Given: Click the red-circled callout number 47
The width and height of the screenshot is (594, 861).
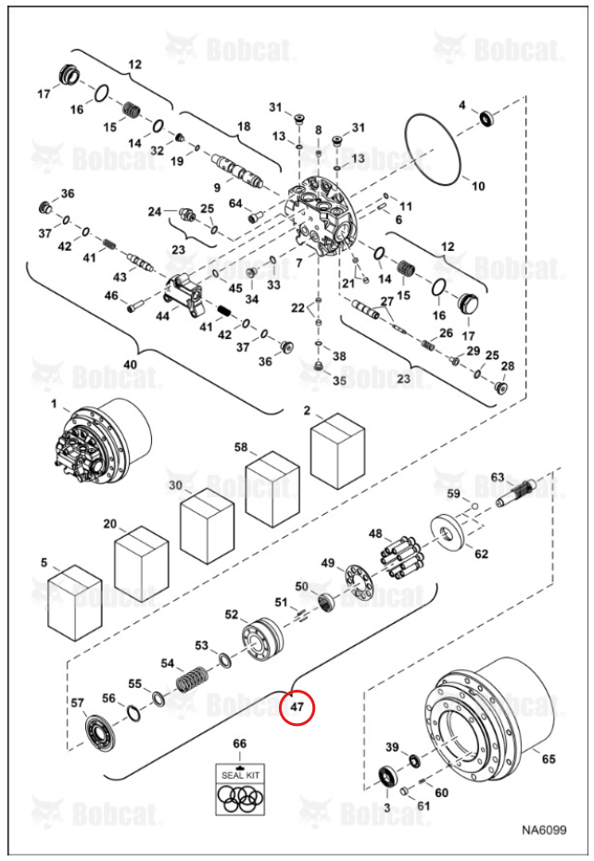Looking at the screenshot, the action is point(297,706).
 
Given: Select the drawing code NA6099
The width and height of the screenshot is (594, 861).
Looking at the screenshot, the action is point(544,830).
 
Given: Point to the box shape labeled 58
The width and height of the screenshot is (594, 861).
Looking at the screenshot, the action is point(272,489).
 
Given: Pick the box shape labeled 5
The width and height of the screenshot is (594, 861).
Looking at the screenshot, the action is point(75,603).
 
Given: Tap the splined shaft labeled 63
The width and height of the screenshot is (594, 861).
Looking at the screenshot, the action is point(518,493).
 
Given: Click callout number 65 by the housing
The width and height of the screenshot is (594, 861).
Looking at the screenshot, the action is point(549,759).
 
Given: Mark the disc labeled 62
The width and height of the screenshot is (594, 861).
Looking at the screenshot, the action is point(449,533).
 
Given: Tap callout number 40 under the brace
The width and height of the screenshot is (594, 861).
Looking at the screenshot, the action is point(131,365).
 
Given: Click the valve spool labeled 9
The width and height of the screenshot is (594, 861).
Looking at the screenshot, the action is point(236,170).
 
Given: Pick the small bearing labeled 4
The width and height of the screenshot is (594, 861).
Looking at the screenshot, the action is point(487,119).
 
